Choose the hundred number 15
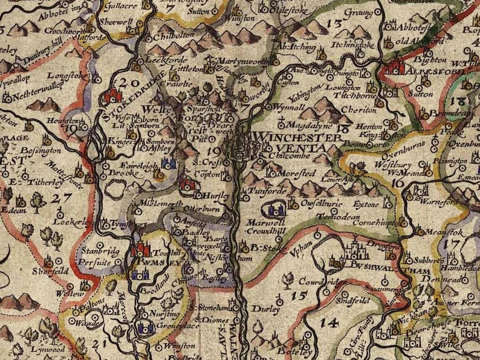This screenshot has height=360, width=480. tap(298, 295)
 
